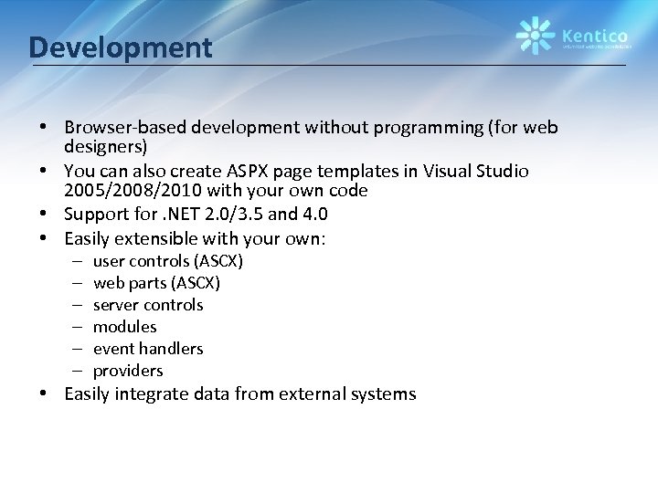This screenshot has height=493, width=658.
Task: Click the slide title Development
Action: (x=120, y=47)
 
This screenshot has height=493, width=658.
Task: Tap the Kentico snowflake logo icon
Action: (x=535, y=36)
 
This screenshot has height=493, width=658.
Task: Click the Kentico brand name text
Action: (x=593, y=31)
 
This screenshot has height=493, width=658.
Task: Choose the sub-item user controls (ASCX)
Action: (x=168, y=261)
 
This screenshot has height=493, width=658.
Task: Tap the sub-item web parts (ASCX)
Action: (x=156, y=283)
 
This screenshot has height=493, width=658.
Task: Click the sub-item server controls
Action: (x=148, y=305)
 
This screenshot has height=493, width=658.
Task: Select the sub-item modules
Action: (x=125, y=327)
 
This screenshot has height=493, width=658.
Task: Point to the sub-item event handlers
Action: (x=148, y=349)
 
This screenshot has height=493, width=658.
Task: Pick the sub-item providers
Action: (x=128, y=371)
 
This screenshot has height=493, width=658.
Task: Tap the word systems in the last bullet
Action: (x=383, y=394)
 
